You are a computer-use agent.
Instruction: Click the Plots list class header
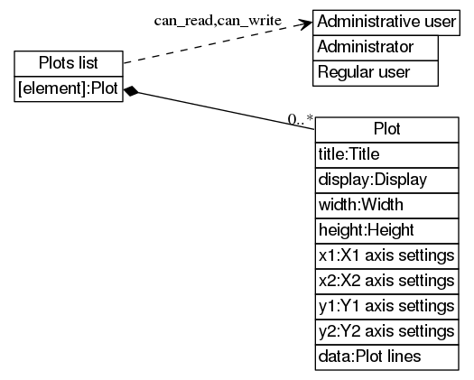[69, 63]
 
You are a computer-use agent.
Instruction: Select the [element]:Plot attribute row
[69, 89]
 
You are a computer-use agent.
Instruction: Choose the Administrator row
[375, 47]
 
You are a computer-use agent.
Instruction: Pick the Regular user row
[375, 71]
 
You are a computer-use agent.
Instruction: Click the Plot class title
[386, 129]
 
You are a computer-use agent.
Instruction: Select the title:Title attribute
[386, 154]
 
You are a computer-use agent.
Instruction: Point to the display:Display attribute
[386, 180]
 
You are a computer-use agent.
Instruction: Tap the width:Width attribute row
[386, 205]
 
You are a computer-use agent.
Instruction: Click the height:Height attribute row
[386, 230]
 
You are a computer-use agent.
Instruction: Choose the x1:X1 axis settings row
[386, 255]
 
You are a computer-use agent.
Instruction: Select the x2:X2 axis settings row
[386, 281]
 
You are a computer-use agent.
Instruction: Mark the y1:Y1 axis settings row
[386, 306]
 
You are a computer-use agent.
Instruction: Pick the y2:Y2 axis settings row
[386, 331]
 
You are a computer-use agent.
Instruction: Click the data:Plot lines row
[386, 357]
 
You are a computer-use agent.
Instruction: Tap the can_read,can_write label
[218, 19]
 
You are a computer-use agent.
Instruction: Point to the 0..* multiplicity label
[300, 118]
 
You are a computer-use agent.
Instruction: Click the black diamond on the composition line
[132, 90]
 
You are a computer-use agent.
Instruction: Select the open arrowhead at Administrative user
[305, 24]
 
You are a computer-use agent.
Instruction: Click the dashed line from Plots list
[217, 42]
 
